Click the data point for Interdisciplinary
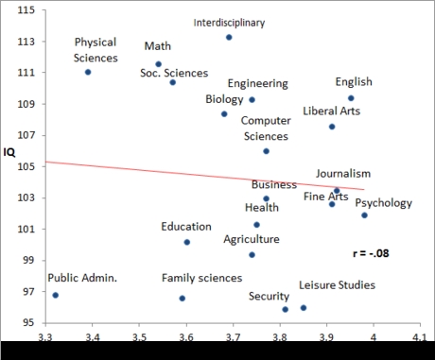point(229,37)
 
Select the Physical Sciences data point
point(88,72)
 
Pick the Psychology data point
point(364,215)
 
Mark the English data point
point(351,98)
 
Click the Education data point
point(187,242)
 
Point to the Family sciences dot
point(183,298)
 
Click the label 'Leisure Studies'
point(337,284)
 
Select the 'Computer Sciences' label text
point(266,129)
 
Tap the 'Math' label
point(158,46)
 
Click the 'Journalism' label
point(342,173)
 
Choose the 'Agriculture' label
point(252,239)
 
